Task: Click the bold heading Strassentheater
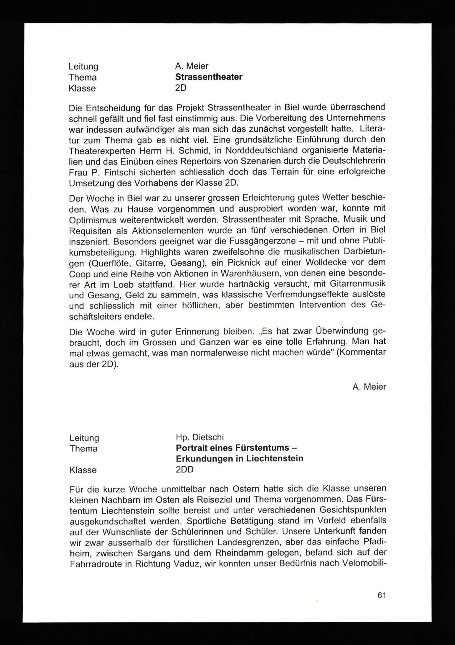coord(209,77)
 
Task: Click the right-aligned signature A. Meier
coord(369,387)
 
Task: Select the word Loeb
coord(124,284)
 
